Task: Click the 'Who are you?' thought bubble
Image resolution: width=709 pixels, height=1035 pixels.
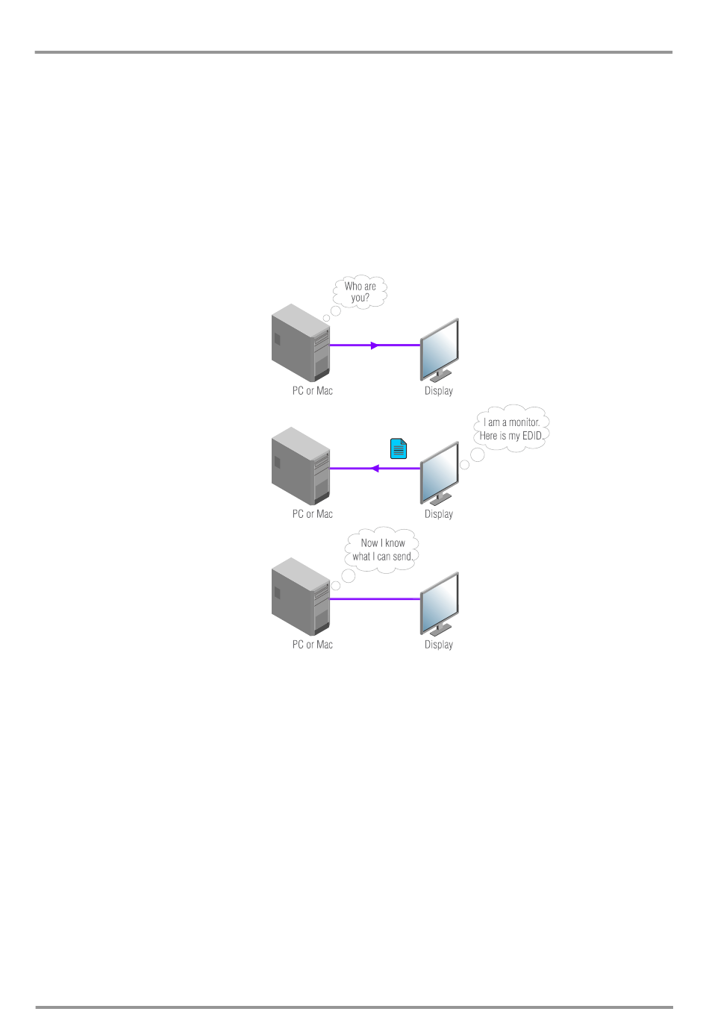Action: (360, 292)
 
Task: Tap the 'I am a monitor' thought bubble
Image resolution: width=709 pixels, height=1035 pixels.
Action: (511, 429)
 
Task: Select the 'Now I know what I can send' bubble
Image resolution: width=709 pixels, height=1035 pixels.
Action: (382, 550)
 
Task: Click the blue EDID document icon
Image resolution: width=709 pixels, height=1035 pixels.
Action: (399, 448)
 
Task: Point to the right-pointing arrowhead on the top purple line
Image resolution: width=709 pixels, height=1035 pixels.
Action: (375, 345)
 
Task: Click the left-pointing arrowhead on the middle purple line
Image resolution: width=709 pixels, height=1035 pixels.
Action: (375, 469)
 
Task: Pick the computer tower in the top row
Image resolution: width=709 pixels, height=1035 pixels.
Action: (301, 343)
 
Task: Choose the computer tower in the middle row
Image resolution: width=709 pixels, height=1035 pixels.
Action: (301, 466)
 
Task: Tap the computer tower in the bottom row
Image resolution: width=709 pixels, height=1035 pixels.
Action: (301, 596)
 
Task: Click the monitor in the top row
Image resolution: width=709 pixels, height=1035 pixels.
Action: (440, 349)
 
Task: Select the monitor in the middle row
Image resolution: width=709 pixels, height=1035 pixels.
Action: (440, 472)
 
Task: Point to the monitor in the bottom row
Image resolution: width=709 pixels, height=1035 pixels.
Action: (440, 603)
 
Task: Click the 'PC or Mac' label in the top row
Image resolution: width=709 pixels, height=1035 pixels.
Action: (313, 391)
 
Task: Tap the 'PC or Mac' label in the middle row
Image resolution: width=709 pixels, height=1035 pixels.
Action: (313, 514)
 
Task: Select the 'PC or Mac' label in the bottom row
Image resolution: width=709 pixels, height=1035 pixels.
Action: (313, 645)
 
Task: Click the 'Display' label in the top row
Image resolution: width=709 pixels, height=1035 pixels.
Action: (439, 391)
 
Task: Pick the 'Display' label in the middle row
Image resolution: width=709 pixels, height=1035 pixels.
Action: (439, 514)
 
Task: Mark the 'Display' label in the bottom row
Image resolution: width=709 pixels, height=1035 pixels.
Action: (439, 645)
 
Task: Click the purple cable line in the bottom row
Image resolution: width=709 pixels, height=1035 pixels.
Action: (375, 598)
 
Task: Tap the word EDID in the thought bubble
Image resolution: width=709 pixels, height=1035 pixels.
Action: (532, 436)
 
